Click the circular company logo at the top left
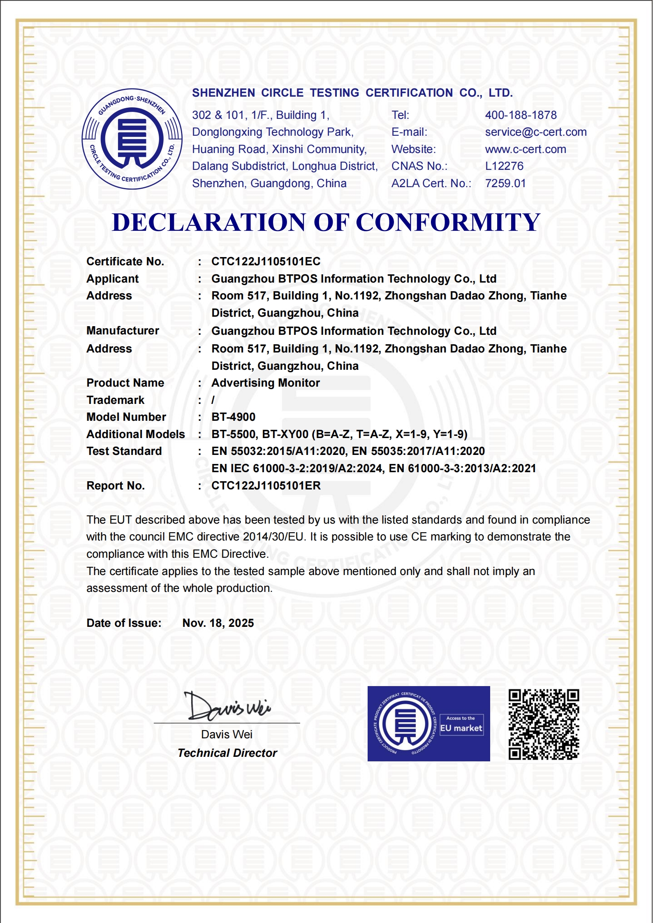pyautogui.click(x=132, y=139)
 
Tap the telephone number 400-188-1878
pyautogui.click(x=521, y=115)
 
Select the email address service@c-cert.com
pyautogui.click(x=535, y=132)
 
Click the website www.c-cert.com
pyautogui.click(x=525, y=149)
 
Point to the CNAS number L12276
pyautogui.click(x=504, y=166)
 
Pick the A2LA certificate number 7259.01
pyautogui.click(x=505, y=183)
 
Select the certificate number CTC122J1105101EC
pyautogui.click(x=266, y=262)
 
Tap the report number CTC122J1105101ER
pyautogui.click(x=266, y=486)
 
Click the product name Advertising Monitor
pyautogui.click(x=265, y=383)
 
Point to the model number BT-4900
pyautogui.click(x=233, y=417)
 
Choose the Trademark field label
pyautogui.click(x=115, y=400)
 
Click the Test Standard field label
pyautogui.click(x=124, y=451)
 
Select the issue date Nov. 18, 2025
pyautogui.click(x=218, y=623)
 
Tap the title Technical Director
pyautogui.click(x=227, y=753)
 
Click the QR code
pyautogui.click(x=544, y=724)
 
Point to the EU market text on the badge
pyautogui.click(x=461, y=728)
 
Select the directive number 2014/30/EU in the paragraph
pyautogui.click(x=273, y=537)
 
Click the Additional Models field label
pyautogui.click(x=135, y=434)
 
